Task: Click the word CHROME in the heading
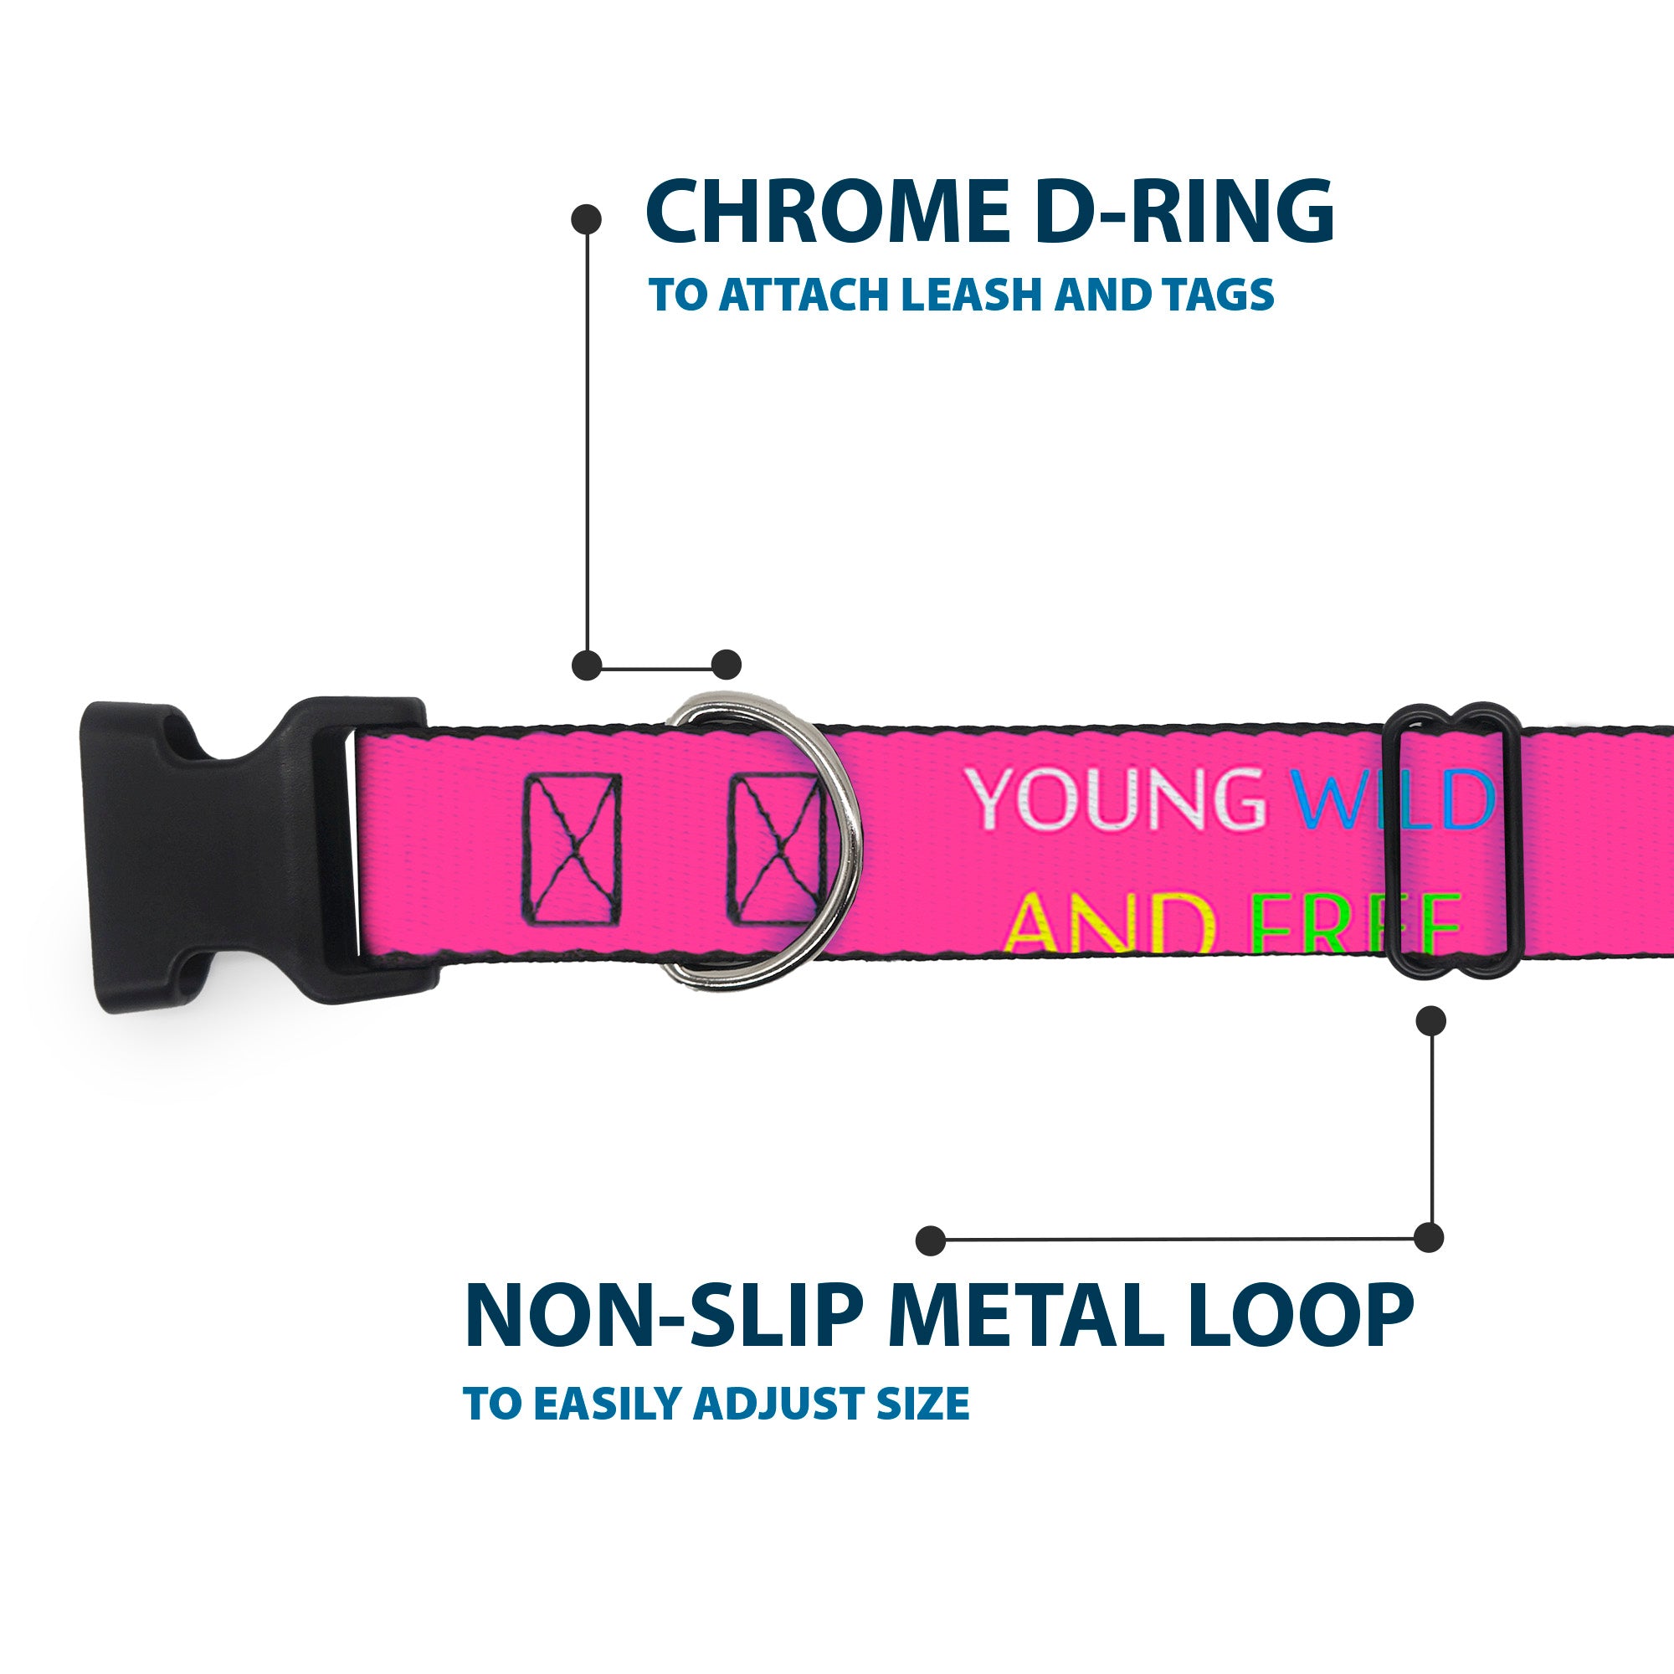(x=829, y=212)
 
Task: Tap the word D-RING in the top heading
(x=1184, y=212)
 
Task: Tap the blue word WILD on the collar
(x=1396, y=798)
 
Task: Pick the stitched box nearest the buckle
(x=572, y=849)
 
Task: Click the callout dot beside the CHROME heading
(x=587, y=219)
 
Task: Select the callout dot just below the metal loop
(x=1430, y=1020)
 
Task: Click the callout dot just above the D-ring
(x=726, y=665)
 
